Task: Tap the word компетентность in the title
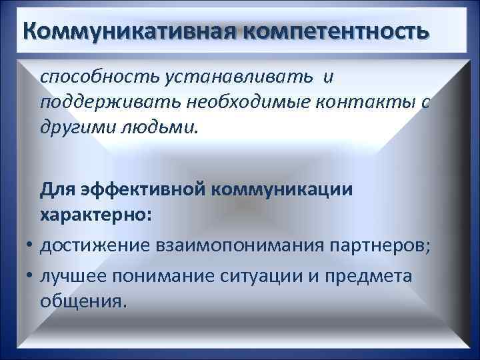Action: pyautogui.click(x=337, y=31)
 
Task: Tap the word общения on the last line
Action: pyautogui.click(x=81, y=301)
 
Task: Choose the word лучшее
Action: pyautogui.click(x=75, y=275)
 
